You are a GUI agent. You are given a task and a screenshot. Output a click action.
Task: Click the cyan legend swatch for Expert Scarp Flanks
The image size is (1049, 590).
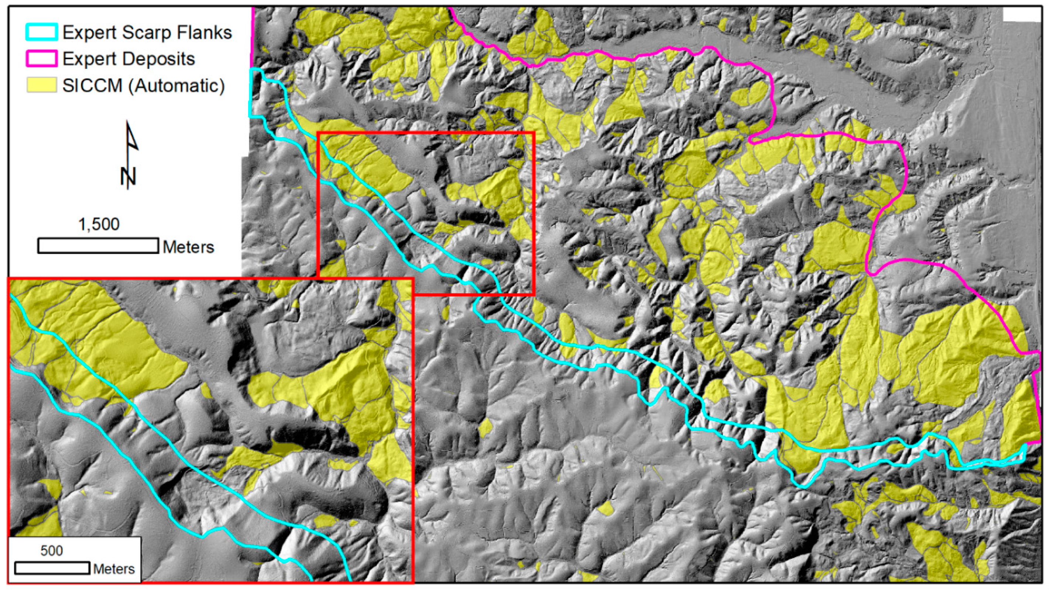coord(42,32)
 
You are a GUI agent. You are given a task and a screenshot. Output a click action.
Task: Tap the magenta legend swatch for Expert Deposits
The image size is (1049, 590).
coord(42,59)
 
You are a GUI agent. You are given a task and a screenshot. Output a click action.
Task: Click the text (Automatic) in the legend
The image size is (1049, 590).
coord(177,86)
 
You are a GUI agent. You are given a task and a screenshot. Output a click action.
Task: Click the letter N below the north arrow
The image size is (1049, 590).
coord(128,176)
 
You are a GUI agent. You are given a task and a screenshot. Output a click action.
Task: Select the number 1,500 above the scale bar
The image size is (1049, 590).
coord(99,224)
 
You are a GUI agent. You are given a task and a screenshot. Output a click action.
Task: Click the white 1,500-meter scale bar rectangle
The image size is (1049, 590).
coord(98,246)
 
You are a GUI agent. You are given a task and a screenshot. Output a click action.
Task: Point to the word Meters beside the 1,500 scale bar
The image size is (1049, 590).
coord(188,247)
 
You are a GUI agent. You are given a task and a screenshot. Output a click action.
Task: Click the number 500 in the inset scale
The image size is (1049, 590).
coord(52,551)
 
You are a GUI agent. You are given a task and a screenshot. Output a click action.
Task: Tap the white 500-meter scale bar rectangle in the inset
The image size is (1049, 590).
coord(52,568)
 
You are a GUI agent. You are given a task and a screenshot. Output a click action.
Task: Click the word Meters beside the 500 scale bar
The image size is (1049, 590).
coord(114,569)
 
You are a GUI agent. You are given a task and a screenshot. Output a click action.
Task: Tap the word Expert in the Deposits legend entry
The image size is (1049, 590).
coord(90,59)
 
